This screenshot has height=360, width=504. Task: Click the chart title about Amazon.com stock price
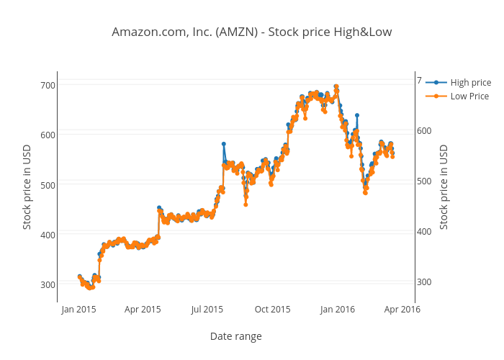tap(252, 32)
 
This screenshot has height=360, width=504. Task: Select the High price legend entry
tap(470, 83)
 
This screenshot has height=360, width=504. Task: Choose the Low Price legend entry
tap(469, 96)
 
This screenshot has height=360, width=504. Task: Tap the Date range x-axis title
tap(235, 336)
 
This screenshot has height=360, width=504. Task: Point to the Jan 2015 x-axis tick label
tap(78, 310)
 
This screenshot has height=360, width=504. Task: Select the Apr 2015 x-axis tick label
tap(143, 310)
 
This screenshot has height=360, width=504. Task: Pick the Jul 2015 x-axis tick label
tap(207, 310)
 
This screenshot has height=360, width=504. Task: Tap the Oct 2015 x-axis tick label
tap(272, 310)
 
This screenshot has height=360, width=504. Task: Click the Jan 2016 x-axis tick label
tap(337, 310)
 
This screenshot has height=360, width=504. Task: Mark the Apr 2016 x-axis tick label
tap(402, 310)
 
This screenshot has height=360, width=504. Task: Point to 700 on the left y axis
tap(48, 85)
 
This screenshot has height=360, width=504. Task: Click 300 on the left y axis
tap(48, 284)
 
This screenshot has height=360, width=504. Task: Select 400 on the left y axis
tap(48, 235)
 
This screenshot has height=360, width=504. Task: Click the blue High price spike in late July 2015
tap(223, 144)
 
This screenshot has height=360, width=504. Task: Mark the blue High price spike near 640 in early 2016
tap(356, 115)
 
